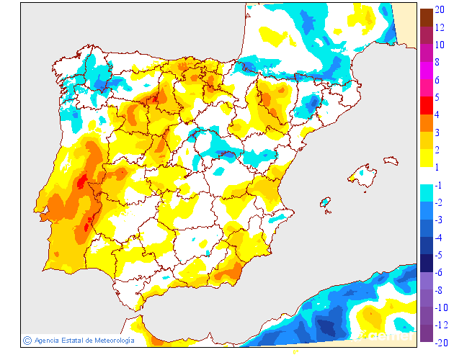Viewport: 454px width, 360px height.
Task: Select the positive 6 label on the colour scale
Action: tap(438, 80)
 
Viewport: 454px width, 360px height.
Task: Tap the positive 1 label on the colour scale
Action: tap(437, 167)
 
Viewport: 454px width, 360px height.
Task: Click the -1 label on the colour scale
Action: tap(438, 185)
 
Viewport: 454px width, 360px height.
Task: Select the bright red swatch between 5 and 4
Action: tap(426, 105)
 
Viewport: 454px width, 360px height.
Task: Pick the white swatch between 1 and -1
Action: tap(426, 176)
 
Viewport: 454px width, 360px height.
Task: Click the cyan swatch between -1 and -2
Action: tap(426, 193)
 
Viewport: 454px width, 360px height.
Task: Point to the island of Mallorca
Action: tap(363, 175)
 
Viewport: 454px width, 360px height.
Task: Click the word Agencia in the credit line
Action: tap(48, 341)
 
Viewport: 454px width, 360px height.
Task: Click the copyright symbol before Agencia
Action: tap(27, 341)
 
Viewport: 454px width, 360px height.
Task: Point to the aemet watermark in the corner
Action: tap(390, 336)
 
